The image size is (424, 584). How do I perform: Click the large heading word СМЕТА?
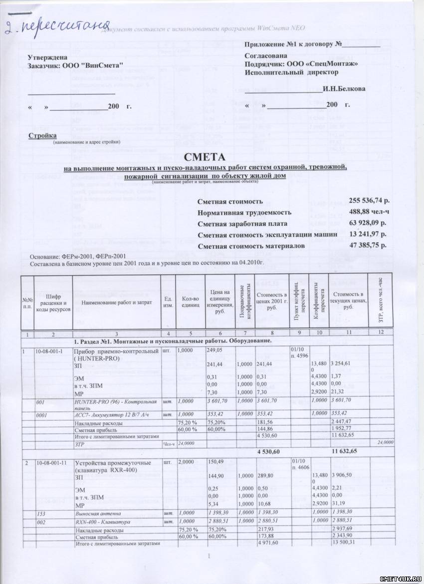pos(212,158)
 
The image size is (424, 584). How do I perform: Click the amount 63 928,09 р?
pos(370,223)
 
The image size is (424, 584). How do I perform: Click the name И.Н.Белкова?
pos(344,89)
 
